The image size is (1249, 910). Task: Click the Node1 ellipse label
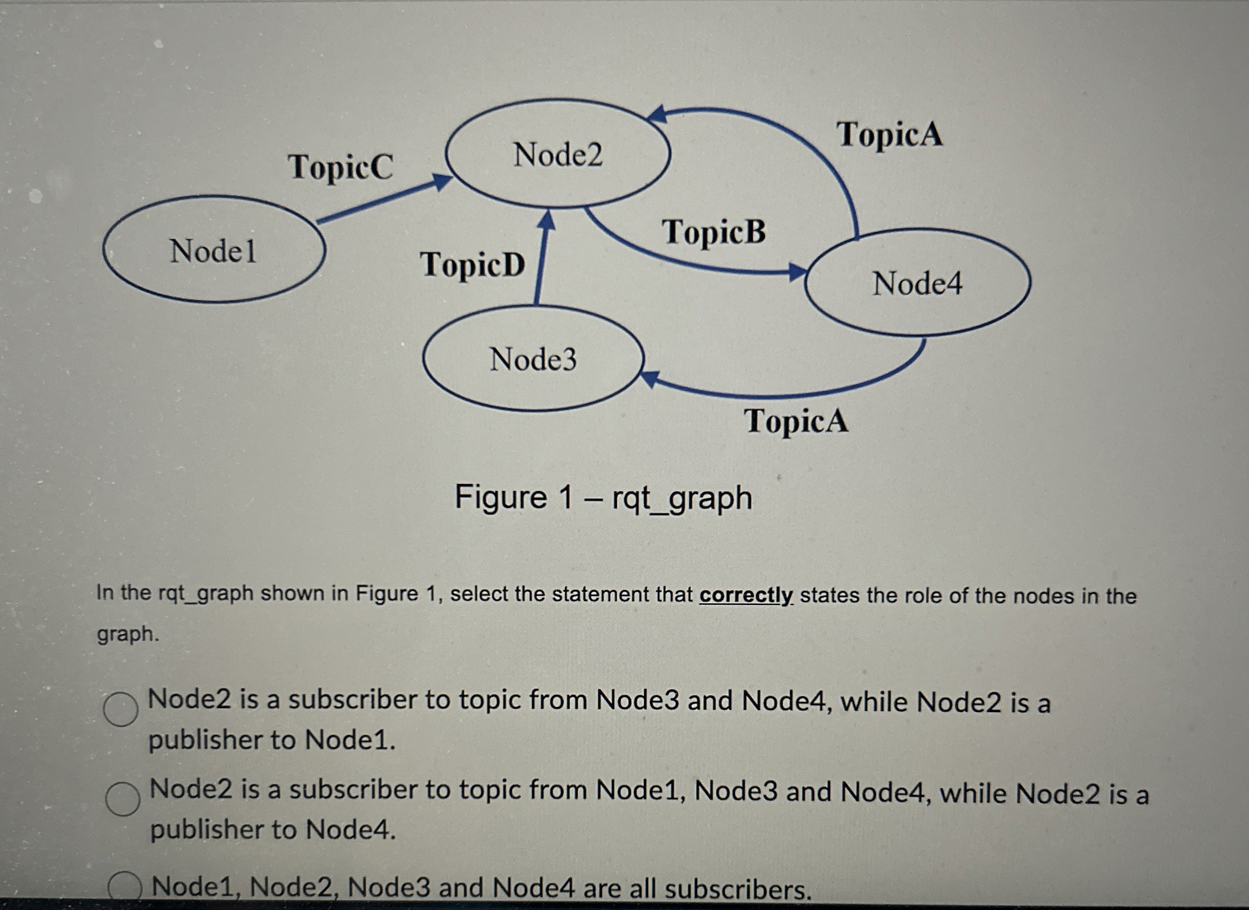point(213,251)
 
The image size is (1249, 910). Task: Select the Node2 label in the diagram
point(557,154)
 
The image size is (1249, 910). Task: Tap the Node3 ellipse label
point(533,359)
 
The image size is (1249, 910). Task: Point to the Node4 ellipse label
point(917,283)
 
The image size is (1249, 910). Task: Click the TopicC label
point(340,167)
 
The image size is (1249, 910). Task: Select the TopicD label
point(472,264)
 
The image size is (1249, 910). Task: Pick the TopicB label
point(713,231)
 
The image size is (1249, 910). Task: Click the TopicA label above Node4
point(889,134)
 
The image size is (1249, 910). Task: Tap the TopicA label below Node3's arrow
point(796,421)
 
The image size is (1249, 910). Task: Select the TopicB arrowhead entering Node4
point(796,271)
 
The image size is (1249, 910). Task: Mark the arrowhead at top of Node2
point(657,114)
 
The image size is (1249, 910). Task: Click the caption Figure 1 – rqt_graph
point(603,498)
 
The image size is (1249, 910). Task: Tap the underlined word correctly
point(746,595)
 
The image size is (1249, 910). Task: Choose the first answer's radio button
point(121,709)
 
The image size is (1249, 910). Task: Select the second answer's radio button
point(122,799)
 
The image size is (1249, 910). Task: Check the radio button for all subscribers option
point(125,887)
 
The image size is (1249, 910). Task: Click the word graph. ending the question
point(128,634)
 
